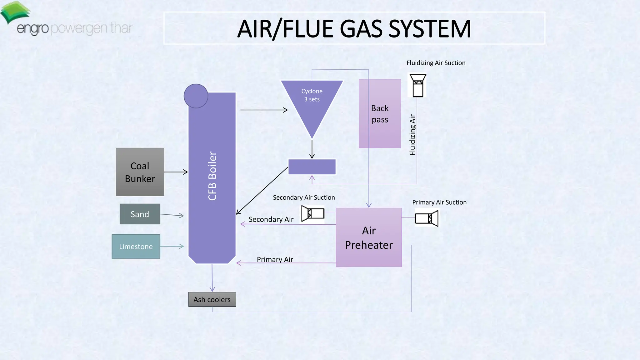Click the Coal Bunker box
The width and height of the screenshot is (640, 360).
(x=140, y=172)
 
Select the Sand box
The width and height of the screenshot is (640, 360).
(x=140, y=214)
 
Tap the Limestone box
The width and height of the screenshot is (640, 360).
(x=136, y=246)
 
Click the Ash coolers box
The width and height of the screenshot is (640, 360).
(x=212, y=299)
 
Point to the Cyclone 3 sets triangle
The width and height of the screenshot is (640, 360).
(x=312, y=103)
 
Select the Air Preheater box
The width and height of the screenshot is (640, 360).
(x=369, y=237)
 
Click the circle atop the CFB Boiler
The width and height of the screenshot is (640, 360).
(x=196, y=96)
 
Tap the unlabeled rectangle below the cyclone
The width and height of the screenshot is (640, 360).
(x=312, y=167)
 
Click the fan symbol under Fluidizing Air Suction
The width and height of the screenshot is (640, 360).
(x=418, y=85)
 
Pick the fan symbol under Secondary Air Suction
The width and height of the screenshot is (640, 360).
(x=312, y=213)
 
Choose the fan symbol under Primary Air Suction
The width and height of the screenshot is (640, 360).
(x=427, y=218)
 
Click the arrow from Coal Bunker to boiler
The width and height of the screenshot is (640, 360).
(x=176, y=172)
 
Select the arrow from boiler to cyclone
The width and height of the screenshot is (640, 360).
(x=263, y=110)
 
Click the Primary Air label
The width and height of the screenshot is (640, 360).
(x=275, y=259)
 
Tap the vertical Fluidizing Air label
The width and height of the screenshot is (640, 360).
(x=412, y=135)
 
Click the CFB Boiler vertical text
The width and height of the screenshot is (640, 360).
(x=212, y=176)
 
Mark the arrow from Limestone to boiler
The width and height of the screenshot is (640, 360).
(x=172, y=246)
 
